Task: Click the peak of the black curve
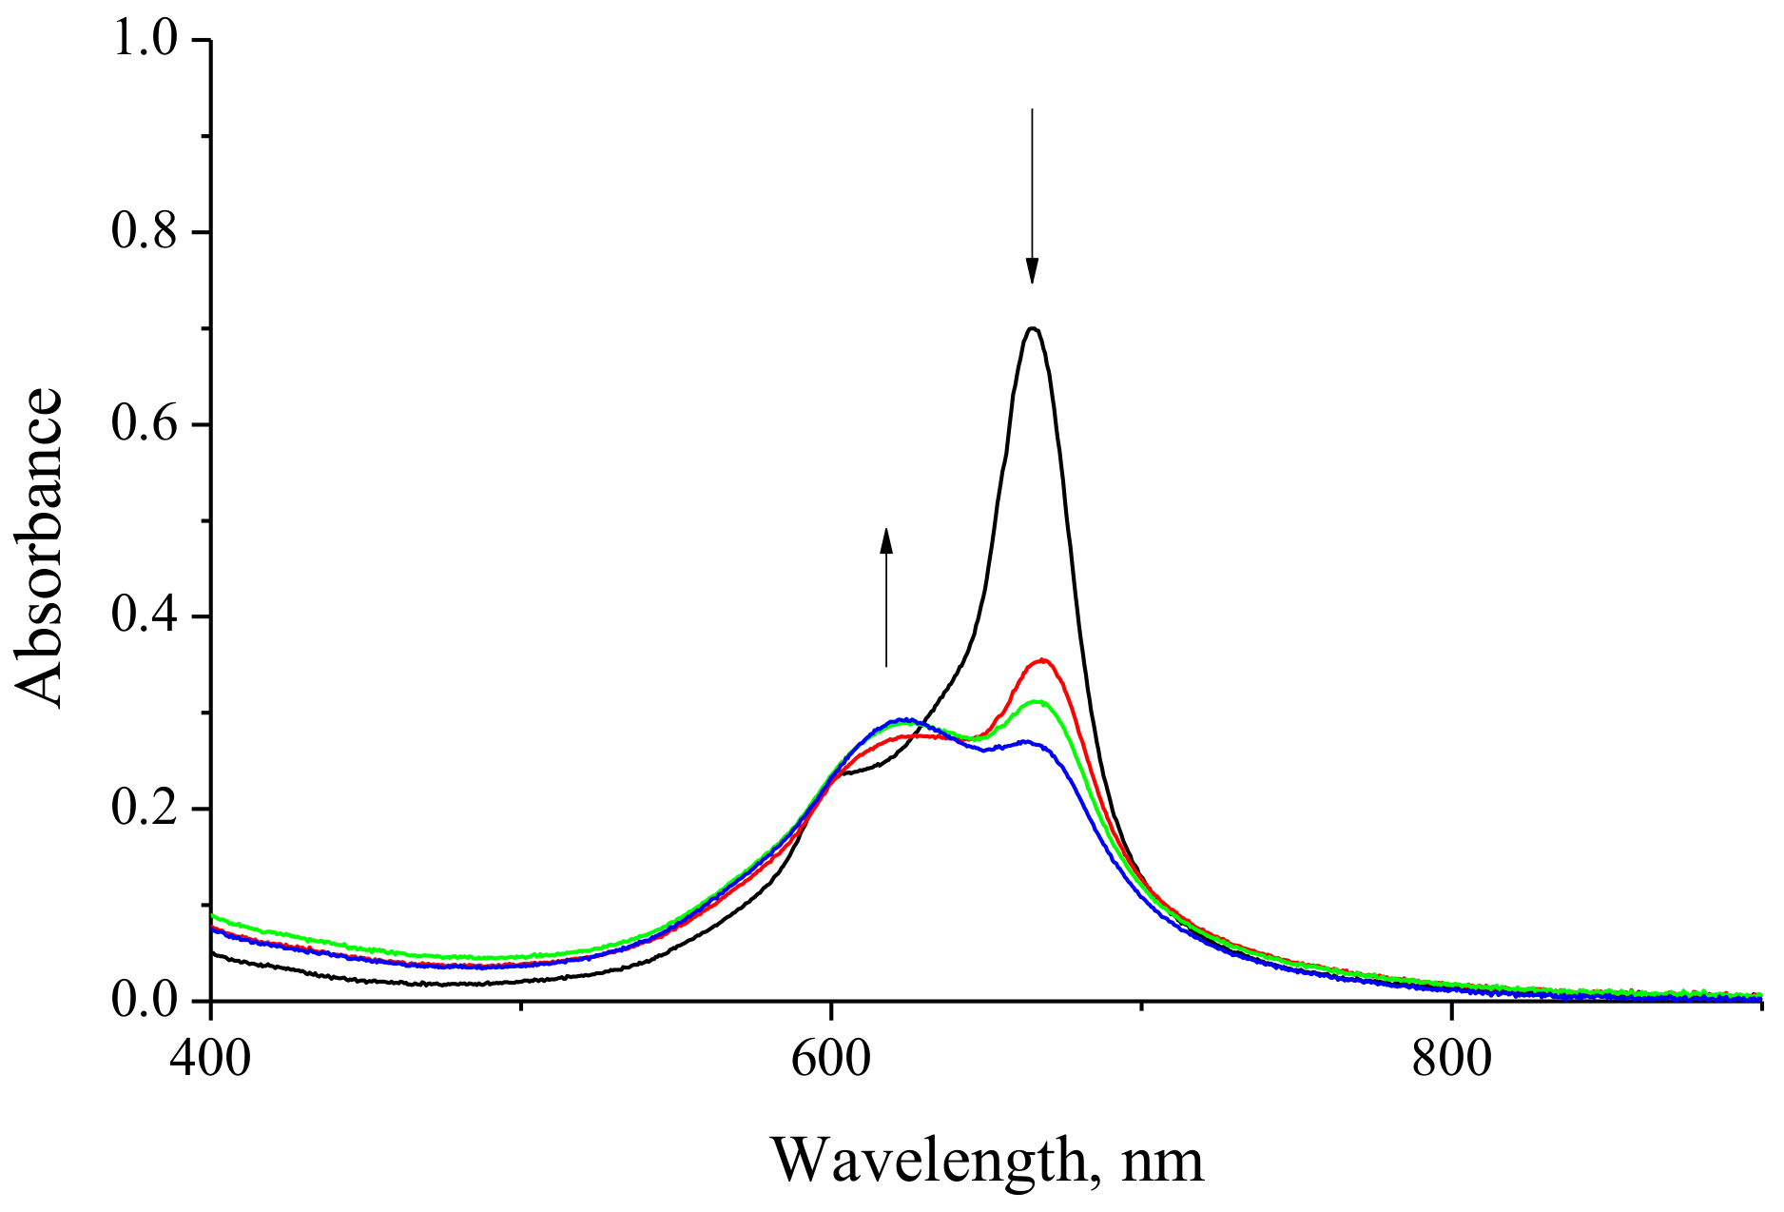click(1033, 329)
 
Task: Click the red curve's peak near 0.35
click(1043, 660)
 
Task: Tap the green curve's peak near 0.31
click(1037, 703)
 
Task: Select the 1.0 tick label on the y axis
click(145, 40)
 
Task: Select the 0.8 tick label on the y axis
click(145, 232)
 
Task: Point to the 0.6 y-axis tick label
click(145, 424)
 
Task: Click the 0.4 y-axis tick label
click(145, 616)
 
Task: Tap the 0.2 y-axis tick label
click(145, 809)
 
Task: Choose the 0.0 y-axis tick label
click(145, 1001)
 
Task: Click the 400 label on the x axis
click(210, 1058)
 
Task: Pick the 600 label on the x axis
click(831, 1058)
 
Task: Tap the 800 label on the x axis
click(1451, 1058)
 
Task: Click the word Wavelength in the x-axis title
click(928, 1161)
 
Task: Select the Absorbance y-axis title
click(40, 548)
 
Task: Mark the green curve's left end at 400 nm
click(213, 916)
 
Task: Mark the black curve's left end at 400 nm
click(213, 953)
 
